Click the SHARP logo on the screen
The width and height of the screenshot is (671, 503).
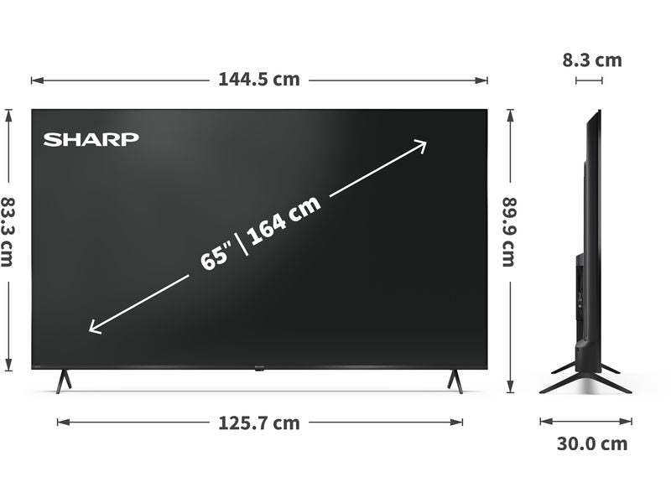coord(91,139)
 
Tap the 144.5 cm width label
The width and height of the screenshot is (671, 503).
coord(258,80)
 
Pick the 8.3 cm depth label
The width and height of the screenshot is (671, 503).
coord(592,60)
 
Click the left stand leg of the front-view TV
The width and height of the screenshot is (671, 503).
coord(63,381)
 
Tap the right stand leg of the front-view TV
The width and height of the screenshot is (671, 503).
coord(455,381)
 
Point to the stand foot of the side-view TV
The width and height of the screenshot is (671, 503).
coord(586,379)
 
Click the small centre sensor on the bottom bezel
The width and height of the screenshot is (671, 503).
coord(259,367)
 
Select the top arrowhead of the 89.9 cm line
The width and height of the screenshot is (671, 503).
coord(510,113)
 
